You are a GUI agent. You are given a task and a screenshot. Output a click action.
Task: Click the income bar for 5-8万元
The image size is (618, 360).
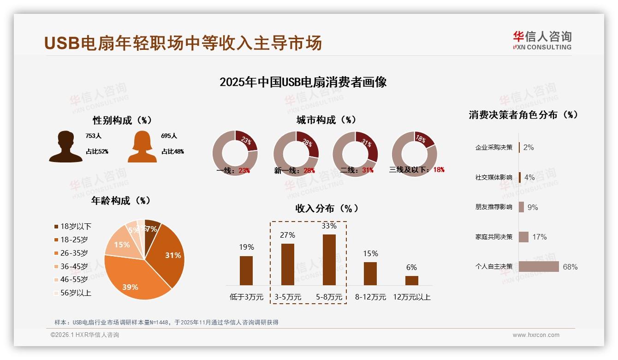tap(329, 260)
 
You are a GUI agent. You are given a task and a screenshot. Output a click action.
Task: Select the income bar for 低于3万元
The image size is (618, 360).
tap(246, 270)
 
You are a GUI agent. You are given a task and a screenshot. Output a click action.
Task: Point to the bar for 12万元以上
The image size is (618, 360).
tap(411, 280)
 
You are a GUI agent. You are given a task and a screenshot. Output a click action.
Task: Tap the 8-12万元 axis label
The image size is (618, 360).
tap(370, 297)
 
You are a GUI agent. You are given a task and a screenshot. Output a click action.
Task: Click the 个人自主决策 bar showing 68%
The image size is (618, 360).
tap(539, 267)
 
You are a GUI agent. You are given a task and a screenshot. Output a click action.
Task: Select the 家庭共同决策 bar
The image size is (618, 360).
tap(523, 237)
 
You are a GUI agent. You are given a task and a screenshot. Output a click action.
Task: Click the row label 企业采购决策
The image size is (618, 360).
tap(493, 148)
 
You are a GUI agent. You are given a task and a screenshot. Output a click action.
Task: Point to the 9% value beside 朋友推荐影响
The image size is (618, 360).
tap(533, 207)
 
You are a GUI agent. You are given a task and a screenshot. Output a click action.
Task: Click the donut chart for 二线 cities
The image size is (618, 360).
tap(355, 153)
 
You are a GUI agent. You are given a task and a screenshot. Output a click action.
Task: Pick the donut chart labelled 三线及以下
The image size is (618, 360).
tap(414, 153)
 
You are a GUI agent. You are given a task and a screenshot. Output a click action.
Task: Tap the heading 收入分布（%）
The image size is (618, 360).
tap(327, 208)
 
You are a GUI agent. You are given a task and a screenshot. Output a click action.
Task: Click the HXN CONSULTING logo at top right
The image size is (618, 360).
tap(542, 41)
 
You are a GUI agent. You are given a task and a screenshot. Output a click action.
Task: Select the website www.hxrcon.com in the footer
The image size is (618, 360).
tap(535, 335)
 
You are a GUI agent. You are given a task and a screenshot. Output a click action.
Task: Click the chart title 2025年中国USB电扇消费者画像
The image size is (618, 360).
tap(303, 82)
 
